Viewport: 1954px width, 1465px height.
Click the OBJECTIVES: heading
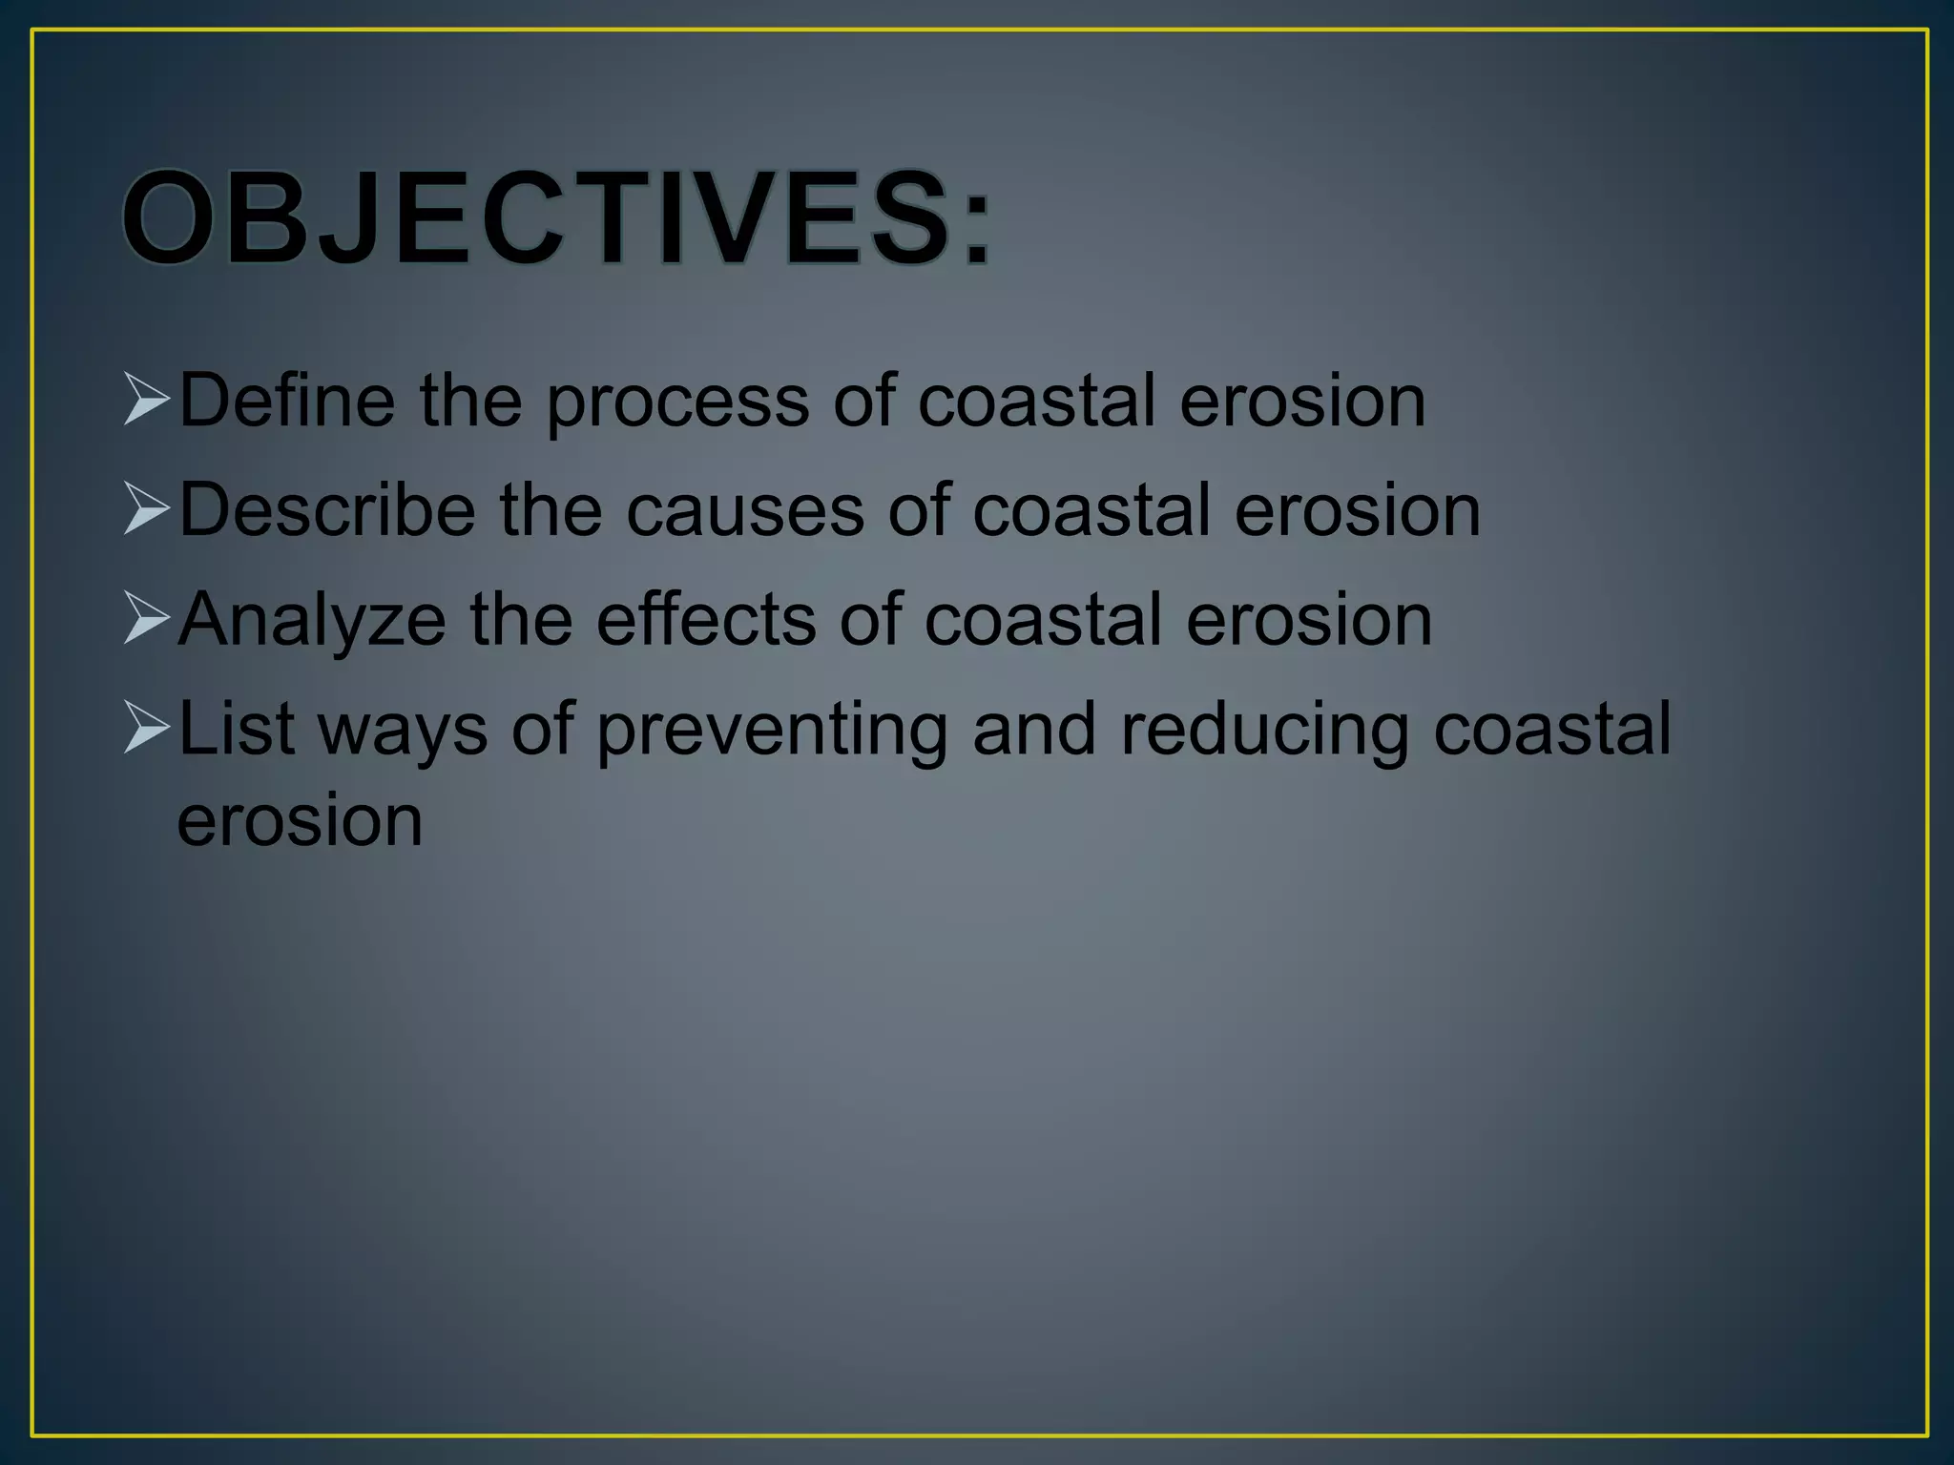pyautogui.click(x=557, y=218)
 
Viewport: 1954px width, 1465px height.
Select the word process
pyautogui.click(x=677, y=403)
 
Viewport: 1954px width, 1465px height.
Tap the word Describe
pyautogui.click(x=326, y=509)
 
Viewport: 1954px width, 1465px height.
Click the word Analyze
pyautogui.click(x=311, y=621)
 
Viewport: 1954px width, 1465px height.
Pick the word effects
pyautogui.click(x=706, y=619)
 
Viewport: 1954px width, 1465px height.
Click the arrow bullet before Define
pyautogui.click(x=147, y=400)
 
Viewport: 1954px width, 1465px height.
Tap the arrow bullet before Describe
pyautogui.click(x=147, y=509)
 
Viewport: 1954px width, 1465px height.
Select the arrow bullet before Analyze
pyautogui.click(x=147, y=619)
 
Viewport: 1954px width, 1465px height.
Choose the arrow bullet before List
pyautogui.click(x=147, y=729)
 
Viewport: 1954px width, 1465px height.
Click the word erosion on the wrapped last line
pyautogui.click(x=300, y=821)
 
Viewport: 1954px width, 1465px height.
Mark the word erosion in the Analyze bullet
pyautogui.click(x=1309, y=621)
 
